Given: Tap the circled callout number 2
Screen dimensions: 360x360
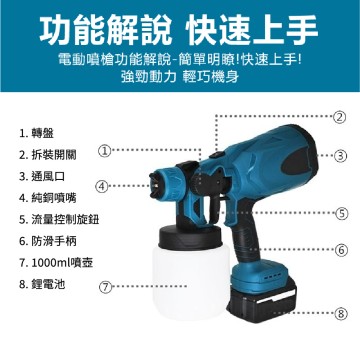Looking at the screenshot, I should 340,117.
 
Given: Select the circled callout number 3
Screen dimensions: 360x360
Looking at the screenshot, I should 340,155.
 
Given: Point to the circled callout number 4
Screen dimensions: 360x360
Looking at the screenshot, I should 103,186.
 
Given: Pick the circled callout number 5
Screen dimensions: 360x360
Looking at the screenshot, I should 340,212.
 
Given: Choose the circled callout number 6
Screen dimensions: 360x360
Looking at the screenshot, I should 340,249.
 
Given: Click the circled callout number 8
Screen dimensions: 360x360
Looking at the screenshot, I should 340,313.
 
